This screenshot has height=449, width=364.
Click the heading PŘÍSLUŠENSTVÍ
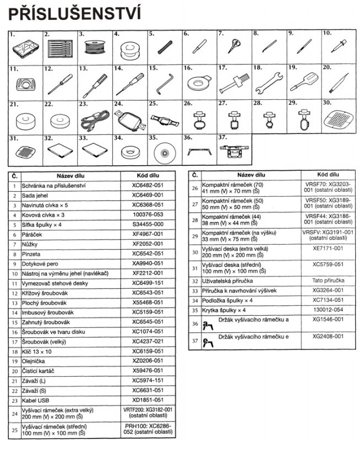(x=75, y=12)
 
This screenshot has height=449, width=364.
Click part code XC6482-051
(x=147, y=186)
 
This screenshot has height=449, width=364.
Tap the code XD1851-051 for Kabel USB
(x=147, y=399)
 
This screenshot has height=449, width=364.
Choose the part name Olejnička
(x=34, y=360)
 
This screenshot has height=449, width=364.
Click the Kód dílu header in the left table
(x=147, y=175)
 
